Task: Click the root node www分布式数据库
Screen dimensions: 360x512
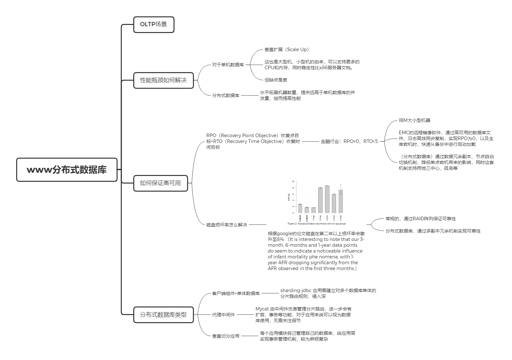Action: [67, 170]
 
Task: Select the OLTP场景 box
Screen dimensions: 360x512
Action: [154, 25]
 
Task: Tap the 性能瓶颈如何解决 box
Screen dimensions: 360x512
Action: [163, 80]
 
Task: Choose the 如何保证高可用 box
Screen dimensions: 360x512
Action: [160, 183]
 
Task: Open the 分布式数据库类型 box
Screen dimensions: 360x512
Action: [163, 315]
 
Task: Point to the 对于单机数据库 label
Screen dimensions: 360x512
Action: [228, 65]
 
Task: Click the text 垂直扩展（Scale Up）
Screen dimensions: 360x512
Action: [287, 49]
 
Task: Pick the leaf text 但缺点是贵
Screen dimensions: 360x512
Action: [276, 80]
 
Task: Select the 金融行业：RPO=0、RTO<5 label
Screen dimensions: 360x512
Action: [349, 141]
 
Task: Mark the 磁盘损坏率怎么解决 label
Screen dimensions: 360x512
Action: [226, 225]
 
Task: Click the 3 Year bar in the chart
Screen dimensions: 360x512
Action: [327, 200]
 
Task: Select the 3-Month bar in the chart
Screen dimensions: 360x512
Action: [300, 209]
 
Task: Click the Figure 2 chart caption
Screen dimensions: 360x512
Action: [316, 224]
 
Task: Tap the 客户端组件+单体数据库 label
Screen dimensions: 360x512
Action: [236, 293]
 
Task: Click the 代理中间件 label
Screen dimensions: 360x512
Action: [223, 314]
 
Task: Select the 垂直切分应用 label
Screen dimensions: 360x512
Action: [225, 336]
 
